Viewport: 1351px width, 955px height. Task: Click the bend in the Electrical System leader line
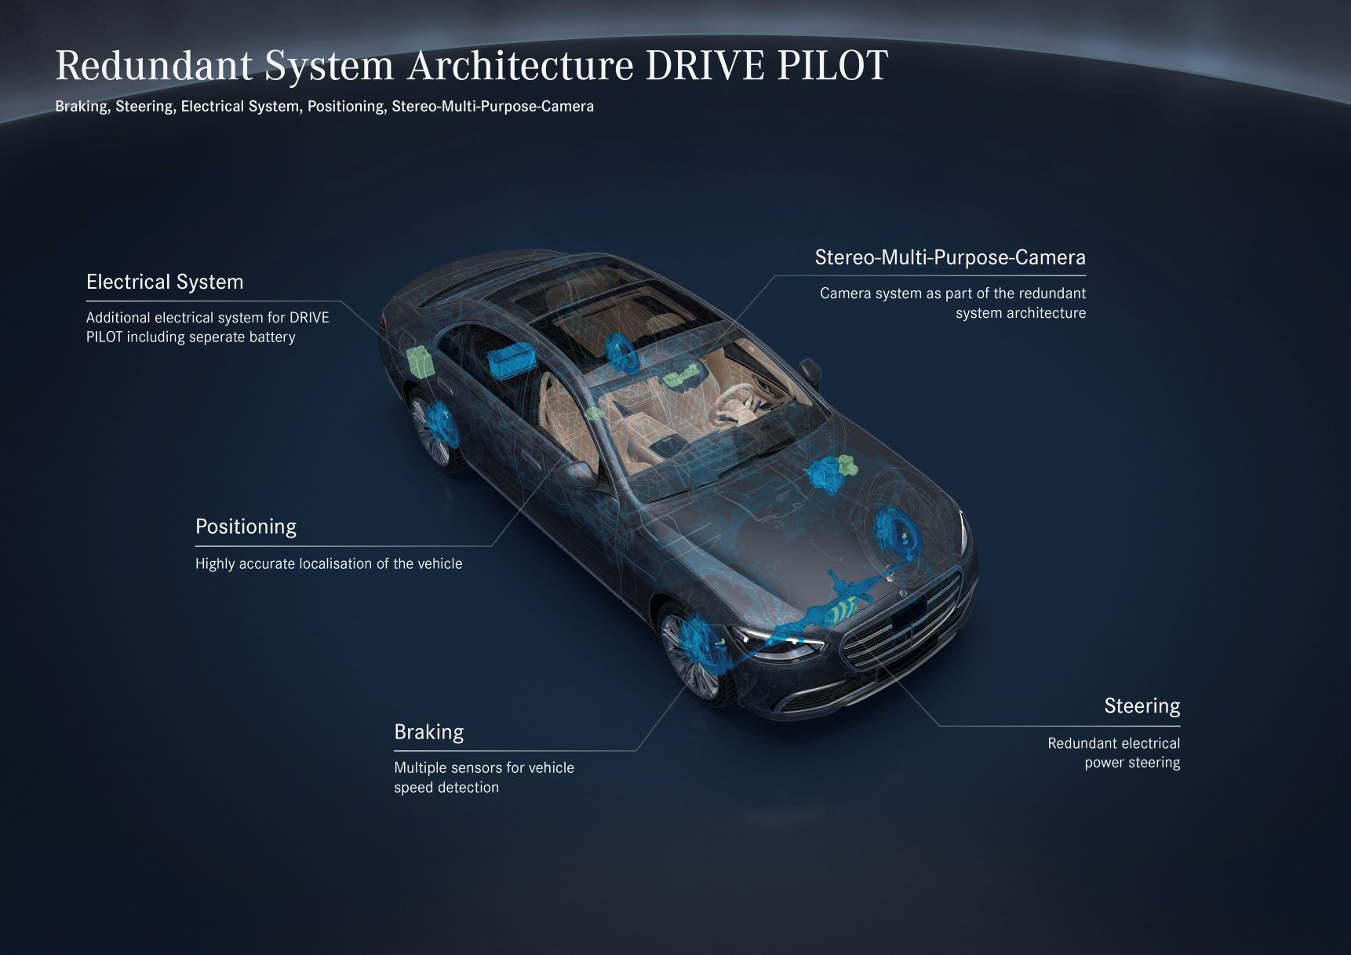341,301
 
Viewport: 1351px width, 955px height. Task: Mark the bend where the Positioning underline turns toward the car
492,545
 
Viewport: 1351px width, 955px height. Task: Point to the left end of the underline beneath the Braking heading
395,751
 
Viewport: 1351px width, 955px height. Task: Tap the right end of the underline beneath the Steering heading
1180,726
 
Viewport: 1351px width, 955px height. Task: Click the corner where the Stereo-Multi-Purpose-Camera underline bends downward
775,275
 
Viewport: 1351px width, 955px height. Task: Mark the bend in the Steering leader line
939,726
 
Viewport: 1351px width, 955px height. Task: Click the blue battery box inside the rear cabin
511,360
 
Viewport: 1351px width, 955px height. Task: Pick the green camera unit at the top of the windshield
681,377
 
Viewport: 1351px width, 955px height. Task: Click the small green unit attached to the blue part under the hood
847,467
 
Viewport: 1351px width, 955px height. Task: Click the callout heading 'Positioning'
246,527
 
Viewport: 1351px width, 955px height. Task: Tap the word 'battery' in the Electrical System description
270,337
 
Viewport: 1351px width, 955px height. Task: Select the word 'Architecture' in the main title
519,66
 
